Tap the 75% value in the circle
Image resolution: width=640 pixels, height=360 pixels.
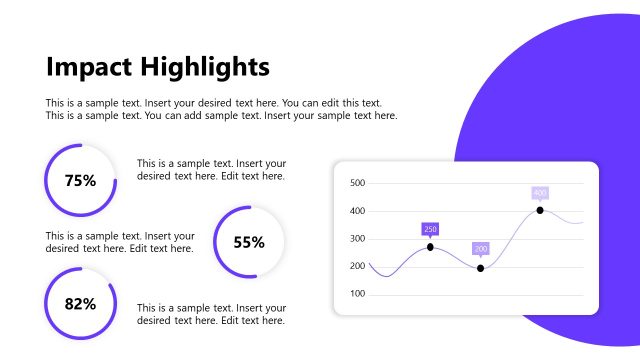[x=80, y=181]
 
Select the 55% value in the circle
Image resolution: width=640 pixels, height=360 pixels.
[x=249, y=242]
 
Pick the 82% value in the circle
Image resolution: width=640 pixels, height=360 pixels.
[x=80, y=303]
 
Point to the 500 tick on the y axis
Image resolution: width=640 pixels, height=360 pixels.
[x=358, y=183]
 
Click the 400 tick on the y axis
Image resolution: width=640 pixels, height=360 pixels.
[x=358, y=211]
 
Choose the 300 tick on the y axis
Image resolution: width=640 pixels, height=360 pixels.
[x=358, y=239]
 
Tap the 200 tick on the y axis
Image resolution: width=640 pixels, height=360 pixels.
[x=358, y=266]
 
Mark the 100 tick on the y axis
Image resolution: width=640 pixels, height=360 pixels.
[x=358, y=294]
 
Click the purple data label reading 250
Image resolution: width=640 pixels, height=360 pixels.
[x=431, y=229]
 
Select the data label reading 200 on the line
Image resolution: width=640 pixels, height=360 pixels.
[x=481, y=248]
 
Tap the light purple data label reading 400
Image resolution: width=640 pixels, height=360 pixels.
[x=540, y=193]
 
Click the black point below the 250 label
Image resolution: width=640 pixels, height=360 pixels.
[x=431, y=247]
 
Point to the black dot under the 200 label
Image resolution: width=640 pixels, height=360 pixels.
[x=481, y=268]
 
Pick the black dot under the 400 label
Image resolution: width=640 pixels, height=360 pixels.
[x=540, y=210]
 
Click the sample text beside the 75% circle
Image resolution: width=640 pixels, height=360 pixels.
[x=211, y=169]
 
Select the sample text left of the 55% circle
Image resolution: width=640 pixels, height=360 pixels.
[x=119, y=242]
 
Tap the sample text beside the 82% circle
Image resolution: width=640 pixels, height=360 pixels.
[x=211, y=314]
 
